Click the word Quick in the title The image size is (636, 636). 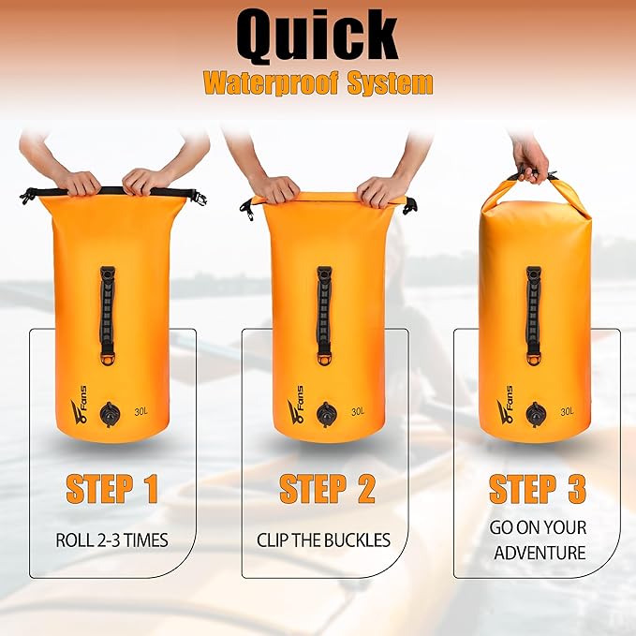tap(318, 37)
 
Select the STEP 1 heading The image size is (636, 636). tap(111, 489)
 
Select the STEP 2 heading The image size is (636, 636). tap(327, 489)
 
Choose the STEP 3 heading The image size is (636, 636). tap(538, 489)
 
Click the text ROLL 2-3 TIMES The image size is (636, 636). tap(111, 540)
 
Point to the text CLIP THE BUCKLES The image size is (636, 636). tap(324, 540)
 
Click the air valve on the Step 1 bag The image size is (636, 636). tap(111, 412)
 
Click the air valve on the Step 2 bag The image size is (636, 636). tap(326, 412)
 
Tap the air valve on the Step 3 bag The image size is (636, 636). tap(537, 412)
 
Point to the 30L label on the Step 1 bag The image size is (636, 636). tap(141, 410)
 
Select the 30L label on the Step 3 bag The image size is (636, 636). tap(568, 410)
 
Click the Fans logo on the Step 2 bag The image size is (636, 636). tap(296, 408)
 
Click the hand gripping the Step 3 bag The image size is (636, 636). tap(532, 160)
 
